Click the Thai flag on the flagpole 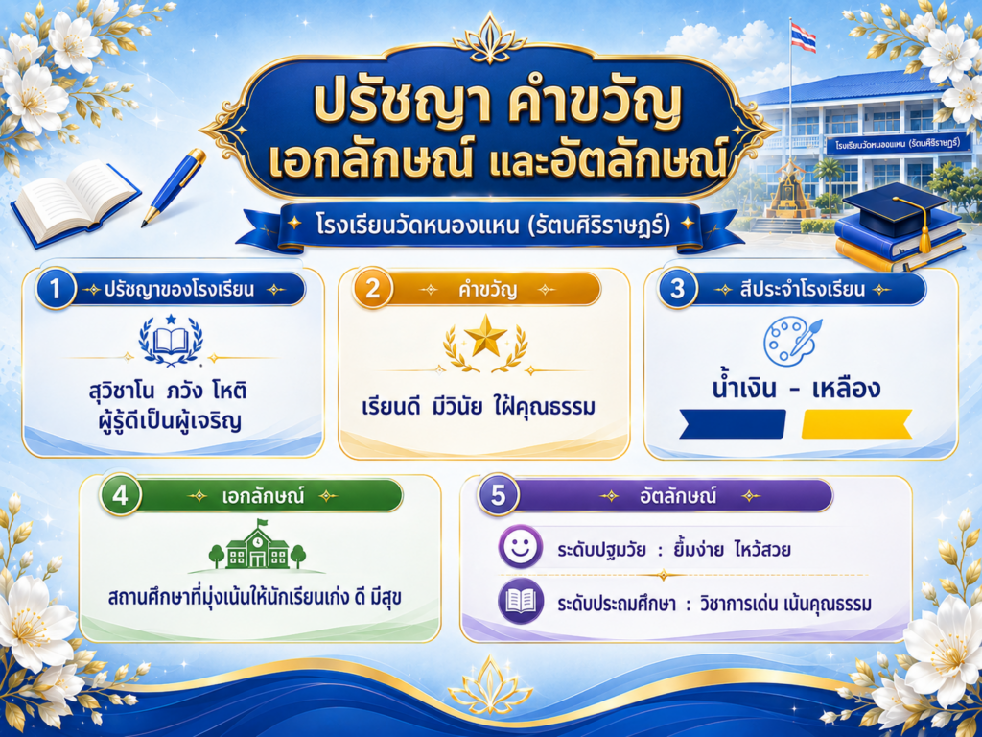coord(803,37)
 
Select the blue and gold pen coord(174,187)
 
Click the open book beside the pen coord(74,202)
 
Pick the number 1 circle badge coord(56,289)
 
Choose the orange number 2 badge coord(373,289)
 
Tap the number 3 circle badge coord(678,289)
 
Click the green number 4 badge coord(120,495)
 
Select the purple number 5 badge coord(498,495)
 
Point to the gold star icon coord(485,336)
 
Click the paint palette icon coord(791,339)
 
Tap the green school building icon coord(257,547)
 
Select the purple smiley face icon coord(521,546)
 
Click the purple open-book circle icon coord(521,602)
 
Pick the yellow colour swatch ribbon coord(856,423)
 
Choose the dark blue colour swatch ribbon coord(733,423)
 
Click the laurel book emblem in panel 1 coord(171,341)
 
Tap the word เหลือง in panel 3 coord(846,389)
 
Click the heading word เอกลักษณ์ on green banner coord(263,496)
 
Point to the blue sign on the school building coord(899,145)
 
